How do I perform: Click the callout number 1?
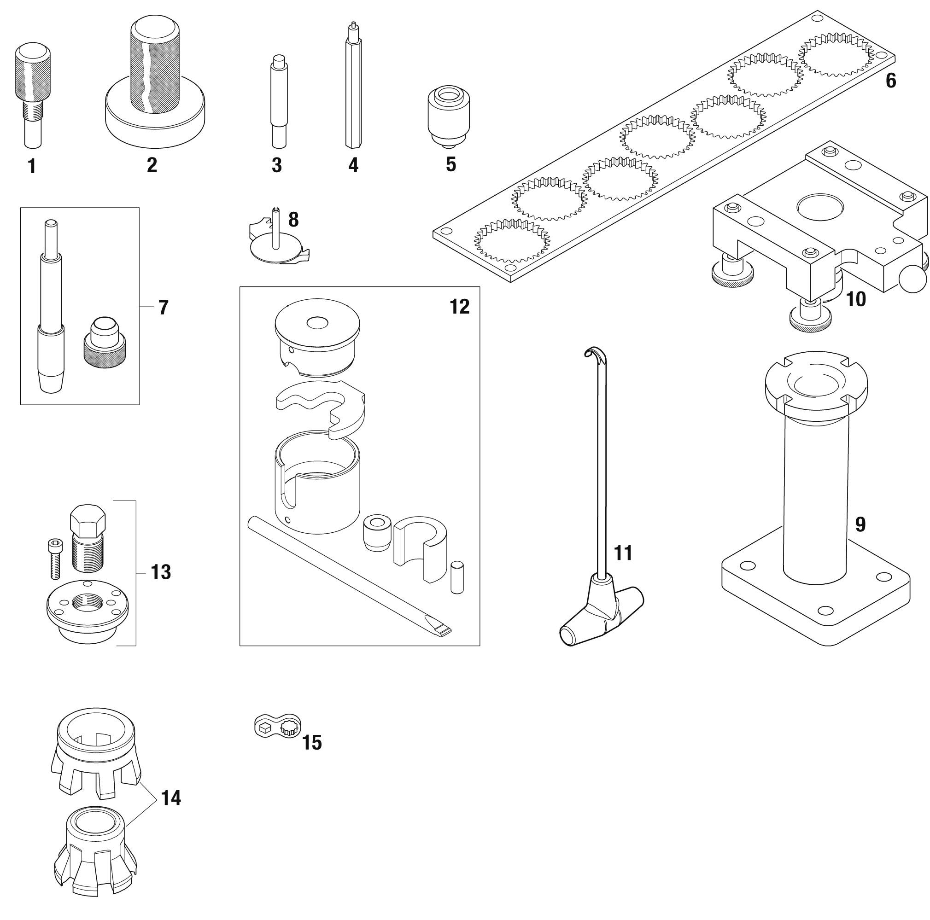point(32,167)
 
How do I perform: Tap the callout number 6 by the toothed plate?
point(890,81)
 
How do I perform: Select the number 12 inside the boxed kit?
point(459,307)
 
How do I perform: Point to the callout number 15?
point(311,742)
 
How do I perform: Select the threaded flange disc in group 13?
point(87,609)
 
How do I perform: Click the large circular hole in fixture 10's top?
point(820,208)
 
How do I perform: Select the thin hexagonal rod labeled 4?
point(353,92)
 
